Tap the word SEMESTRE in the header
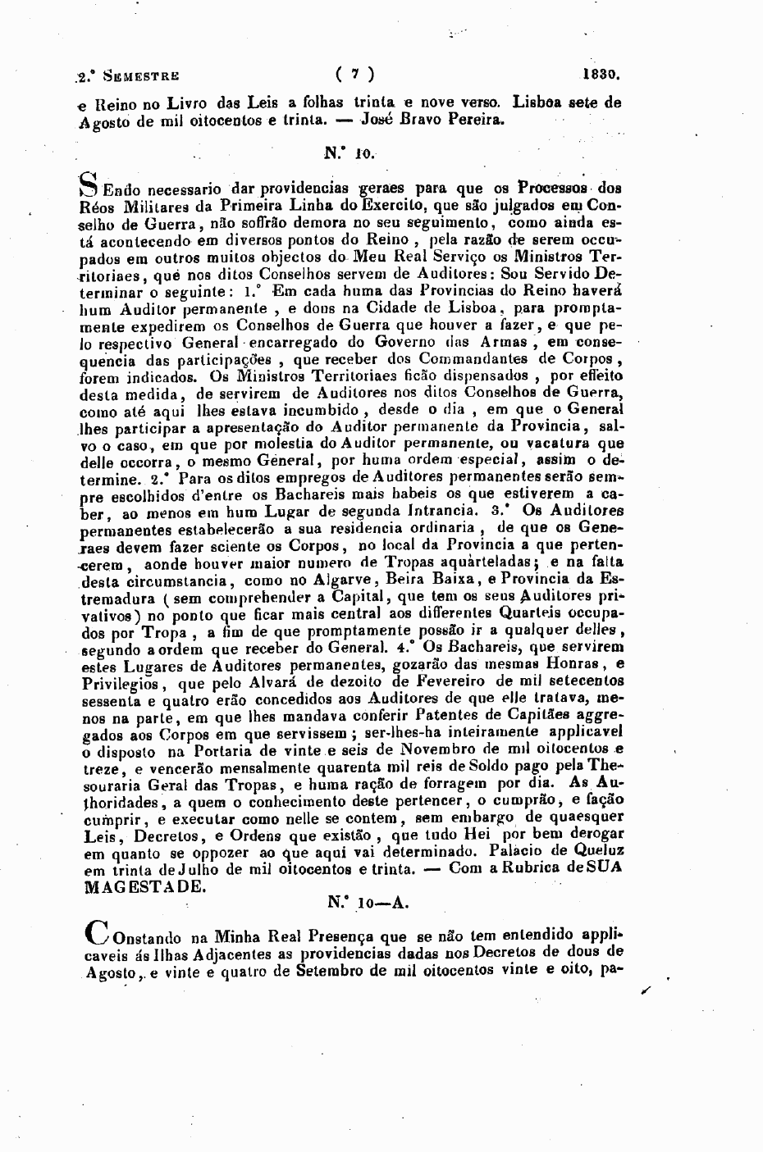pyautogui.click(x=139, y=76)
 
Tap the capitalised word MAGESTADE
pyautogui.click(x=139, y=886)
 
